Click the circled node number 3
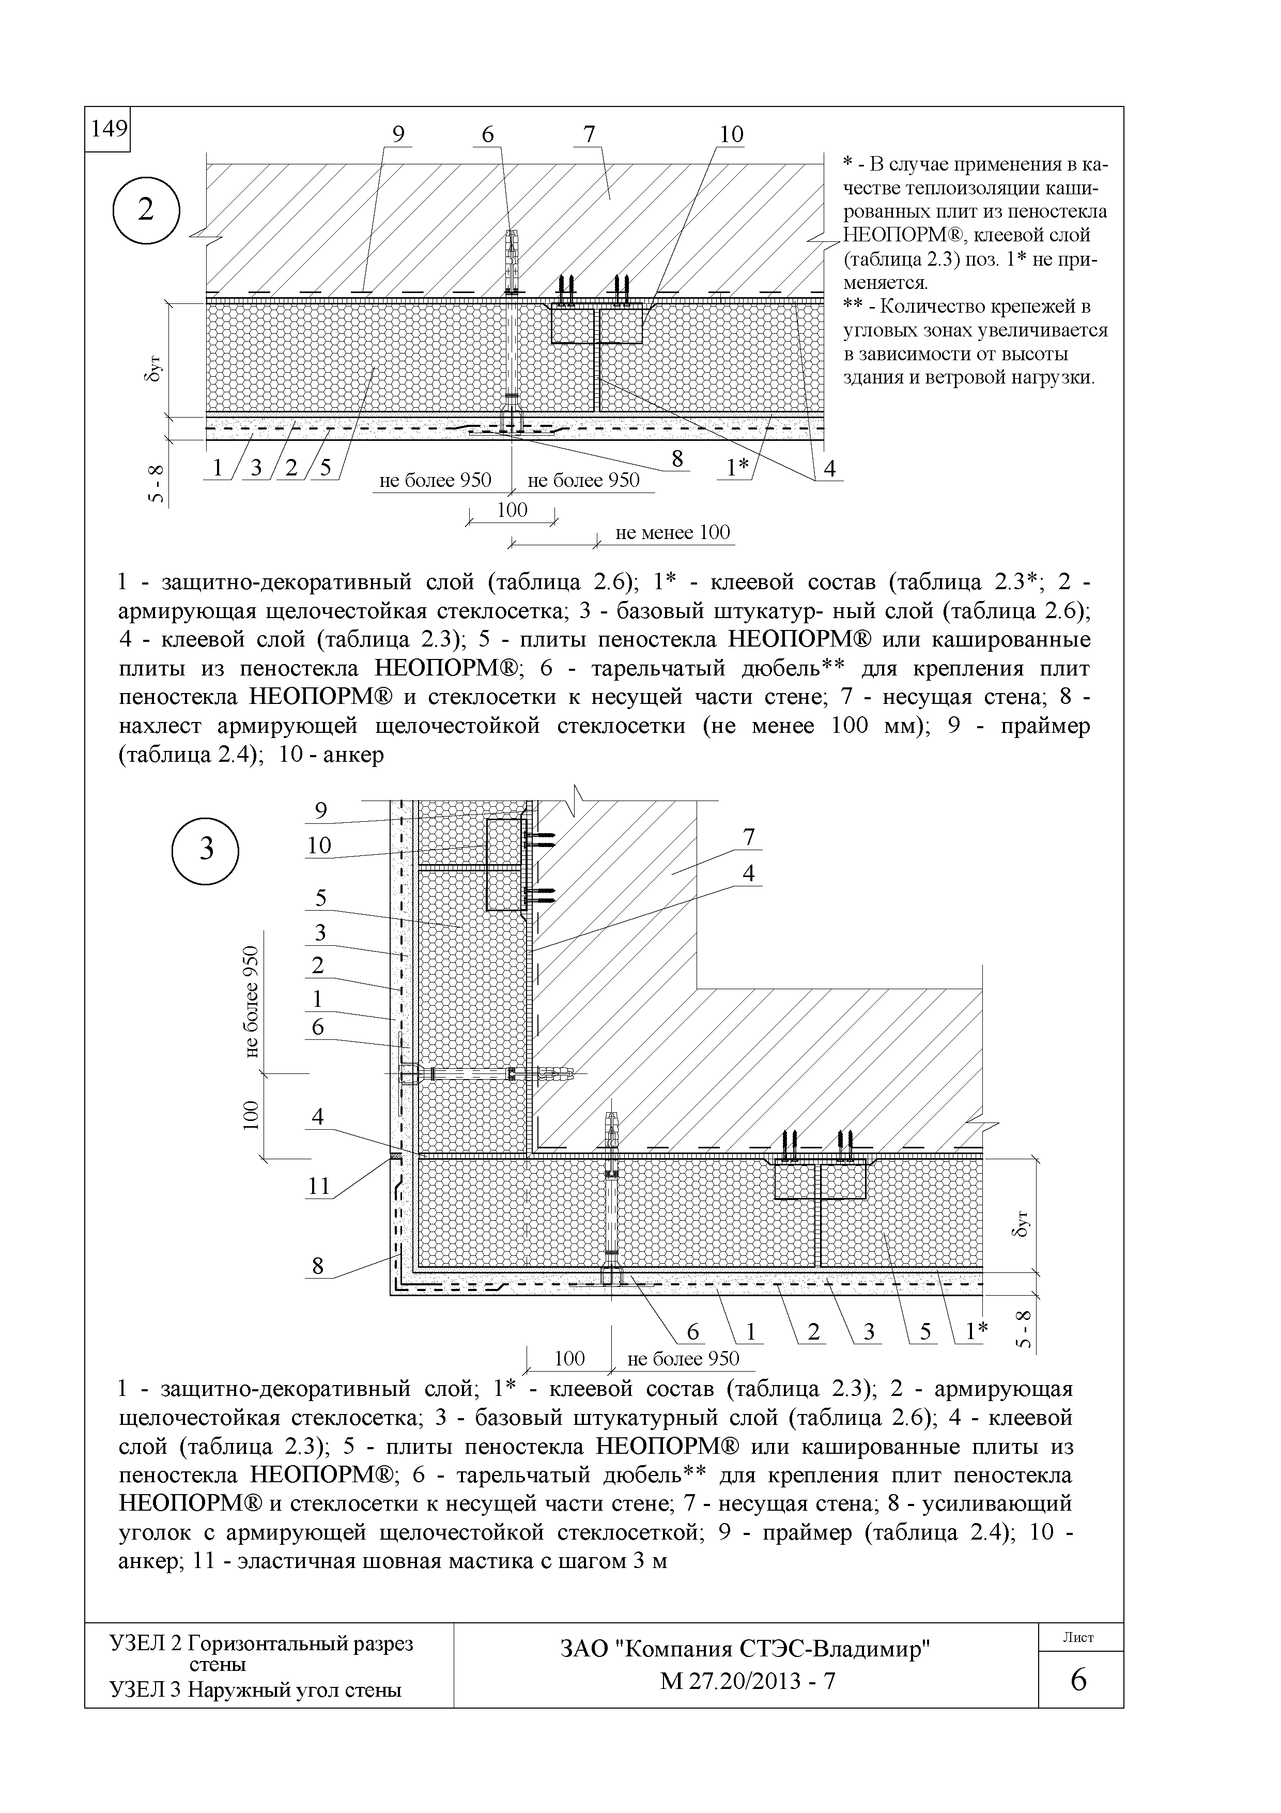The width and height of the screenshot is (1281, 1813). point(205,850)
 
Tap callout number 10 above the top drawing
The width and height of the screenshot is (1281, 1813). point(731,135)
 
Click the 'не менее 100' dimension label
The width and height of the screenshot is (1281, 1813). point(672,533)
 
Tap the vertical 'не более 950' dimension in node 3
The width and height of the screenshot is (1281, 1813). point(251,1002)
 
